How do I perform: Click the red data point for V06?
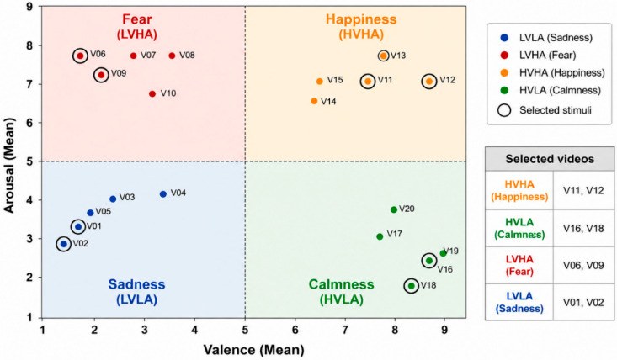point(80,56)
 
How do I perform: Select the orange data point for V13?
point(383,56)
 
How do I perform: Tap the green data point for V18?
point(412,286)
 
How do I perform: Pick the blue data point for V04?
point(163,193)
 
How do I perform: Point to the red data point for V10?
point(152,93)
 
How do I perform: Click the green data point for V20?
point(393,209)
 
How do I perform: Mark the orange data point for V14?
point(314,101)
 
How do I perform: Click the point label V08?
point(187,56)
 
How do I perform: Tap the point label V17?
point(394,234)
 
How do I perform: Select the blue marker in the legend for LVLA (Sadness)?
point(504,38)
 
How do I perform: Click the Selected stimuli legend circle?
point(504,110)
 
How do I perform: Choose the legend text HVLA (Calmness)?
point(560,90)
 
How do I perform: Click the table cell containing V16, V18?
point(583,228)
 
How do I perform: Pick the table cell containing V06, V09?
point(583,265)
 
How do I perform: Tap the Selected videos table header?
point(550,159)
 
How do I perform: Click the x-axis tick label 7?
point(345,330)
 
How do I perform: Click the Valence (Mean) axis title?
point(253,350)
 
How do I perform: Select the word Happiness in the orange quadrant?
point(361,19)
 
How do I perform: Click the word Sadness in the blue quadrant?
point(136,284)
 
